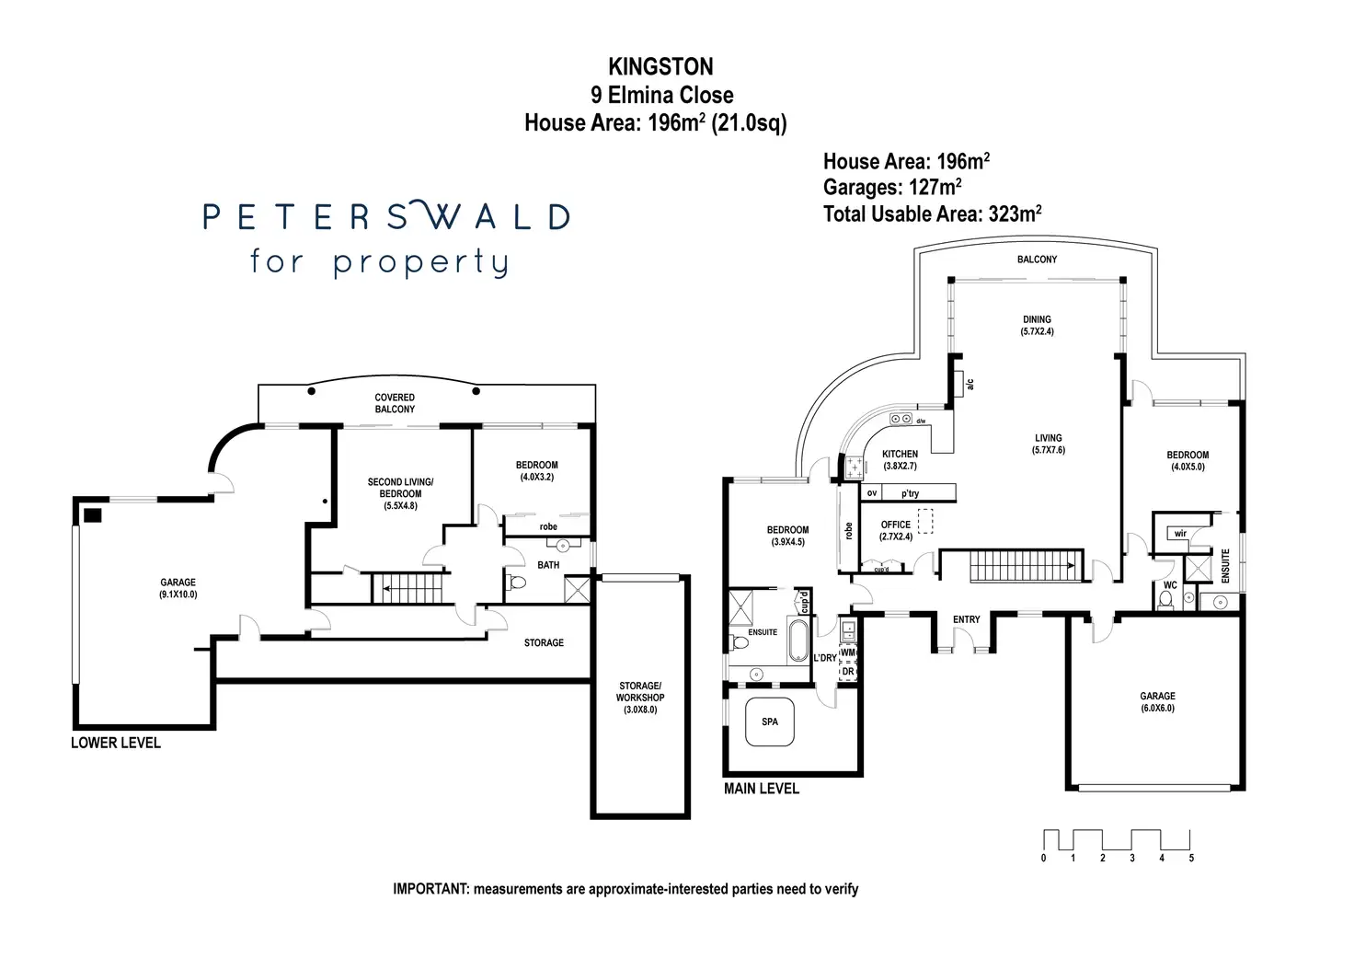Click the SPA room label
[770, 721]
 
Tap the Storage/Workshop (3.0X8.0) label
[639, 698]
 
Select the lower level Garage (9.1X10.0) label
[178, 588]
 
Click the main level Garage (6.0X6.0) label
[1157, 702]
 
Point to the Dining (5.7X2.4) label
[1037, 325]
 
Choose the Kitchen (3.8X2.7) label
[900, 460]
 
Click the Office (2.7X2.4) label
[895, 530]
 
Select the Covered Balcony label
[395, 403]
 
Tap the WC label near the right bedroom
[1170, 585]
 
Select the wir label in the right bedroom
[1180, 533]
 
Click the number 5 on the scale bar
[1191, 859]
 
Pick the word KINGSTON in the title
[660, 66]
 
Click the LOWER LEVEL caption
[116, 743]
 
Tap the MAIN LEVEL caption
[761, 789]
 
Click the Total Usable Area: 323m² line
[932, 214]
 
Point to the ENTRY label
[966, 619]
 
